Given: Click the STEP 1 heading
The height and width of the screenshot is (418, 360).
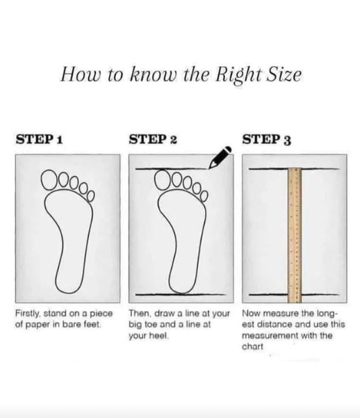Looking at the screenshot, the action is coord(39,139).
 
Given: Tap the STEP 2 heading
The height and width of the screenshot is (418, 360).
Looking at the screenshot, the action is coord(153,139).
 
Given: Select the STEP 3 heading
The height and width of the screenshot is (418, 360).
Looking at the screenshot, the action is coord(266,139).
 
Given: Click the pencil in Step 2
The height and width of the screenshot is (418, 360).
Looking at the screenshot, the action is coord(220,157).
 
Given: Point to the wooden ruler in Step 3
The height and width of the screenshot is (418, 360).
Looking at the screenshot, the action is coord(295,235).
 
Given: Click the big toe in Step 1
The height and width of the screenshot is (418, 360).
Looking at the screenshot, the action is coord(49,179).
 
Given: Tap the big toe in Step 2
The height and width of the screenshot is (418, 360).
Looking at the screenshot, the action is coord(163,179).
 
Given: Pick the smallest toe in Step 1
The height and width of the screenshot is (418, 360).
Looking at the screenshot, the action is coord(91,196).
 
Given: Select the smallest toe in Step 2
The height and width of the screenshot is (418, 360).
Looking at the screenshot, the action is coord(204,196).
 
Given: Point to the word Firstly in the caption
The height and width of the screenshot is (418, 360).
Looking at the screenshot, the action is coord(27,314).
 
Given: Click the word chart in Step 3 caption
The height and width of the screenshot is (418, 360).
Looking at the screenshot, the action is coord(252,346).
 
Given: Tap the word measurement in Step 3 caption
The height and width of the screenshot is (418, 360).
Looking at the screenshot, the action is coord(270,335).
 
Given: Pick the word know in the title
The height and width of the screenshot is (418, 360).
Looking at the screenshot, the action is coord(153,74).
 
